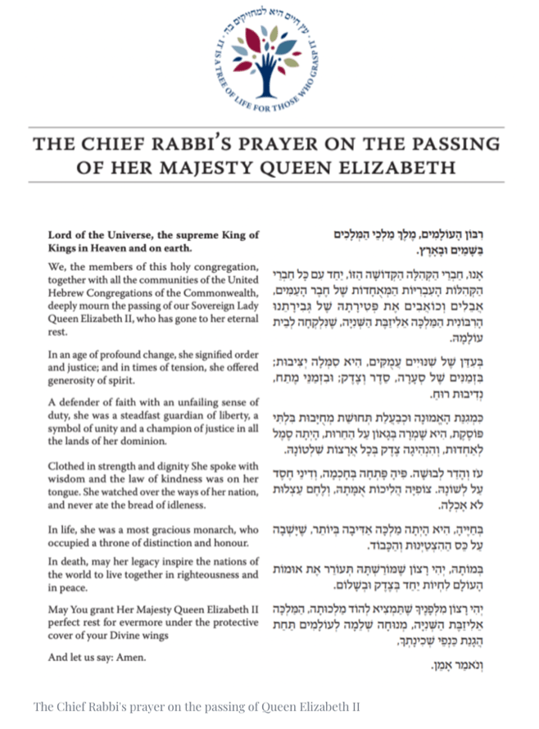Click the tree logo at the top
coord(269,56)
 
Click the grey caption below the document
coord(197,706)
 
